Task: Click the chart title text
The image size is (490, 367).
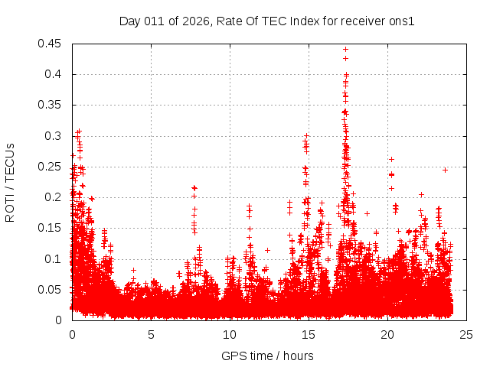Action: click(266, 21)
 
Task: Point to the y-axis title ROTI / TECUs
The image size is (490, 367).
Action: click(10, 182)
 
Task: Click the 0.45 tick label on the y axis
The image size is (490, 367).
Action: click(50, 44)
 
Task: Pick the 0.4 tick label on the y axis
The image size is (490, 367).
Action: click(53, 74)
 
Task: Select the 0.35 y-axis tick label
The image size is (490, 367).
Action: click(50, 105)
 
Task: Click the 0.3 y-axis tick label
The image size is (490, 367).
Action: click(53, 136)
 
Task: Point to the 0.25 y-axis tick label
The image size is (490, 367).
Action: click(50, 167)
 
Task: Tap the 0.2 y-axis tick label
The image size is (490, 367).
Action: click(53, 197)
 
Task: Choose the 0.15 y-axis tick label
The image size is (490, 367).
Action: click(50, 228)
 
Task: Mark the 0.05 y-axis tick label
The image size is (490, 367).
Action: click(50, 289)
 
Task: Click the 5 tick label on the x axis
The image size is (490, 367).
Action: click(151, 334)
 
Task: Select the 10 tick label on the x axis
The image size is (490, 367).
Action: click(230, 334)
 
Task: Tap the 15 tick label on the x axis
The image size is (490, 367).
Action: click(309, 334)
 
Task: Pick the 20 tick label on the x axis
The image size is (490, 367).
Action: click(387, 334)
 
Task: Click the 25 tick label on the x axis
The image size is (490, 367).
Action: click(466, 334)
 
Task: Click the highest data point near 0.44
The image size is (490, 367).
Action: click(346, 50)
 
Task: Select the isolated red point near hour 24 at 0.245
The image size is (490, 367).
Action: click(445, 170)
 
